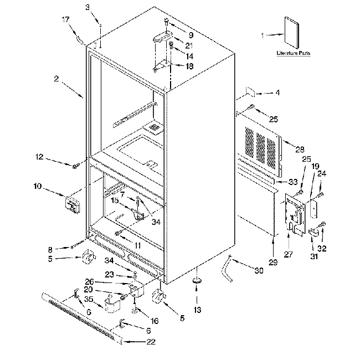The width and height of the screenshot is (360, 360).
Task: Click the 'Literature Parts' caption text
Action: pyautogui.click(x=293, y=53)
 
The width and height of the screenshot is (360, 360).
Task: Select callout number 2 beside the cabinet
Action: pyautogui.click(x=56, y=79)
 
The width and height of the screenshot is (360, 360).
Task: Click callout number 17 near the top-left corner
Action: pyautogui.click(x=66, y=19)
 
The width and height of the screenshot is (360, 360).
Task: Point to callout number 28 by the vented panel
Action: pyautogui.click(x=300, y=150)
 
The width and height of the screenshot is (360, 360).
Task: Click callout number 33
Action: pyautogui.click(x=293, y=182)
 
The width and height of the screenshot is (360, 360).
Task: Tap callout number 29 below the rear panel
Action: pyautogui.click(x=273, y=262)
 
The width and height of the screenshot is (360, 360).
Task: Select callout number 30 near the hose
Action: pyautogui.click(x=259, y=270)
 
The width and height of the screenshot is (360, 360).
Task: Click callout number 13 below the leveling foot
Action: pyautogui.click(x=197, y=310)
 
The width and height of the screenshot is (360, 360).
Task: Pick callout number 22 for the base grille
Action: pyautogui.click(x=151, y=342)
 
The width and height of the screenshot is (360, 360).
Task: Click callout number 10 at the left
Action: pyautogui.click(x=38, y=186)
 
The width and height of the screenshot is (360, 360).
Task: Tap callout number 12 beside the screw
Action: pyautogui.click(x=39, y=157)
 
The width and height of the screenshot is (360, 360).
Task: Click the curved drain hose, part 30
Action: pyautogui.click(x=227, y=268)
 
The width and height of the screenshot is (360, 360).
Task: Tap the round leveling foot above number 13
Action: pyautogui.click(x=197, y=281)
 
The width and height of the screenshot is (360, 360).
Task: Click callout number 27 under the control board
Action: pyautogui.click(x=289, y=254)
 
